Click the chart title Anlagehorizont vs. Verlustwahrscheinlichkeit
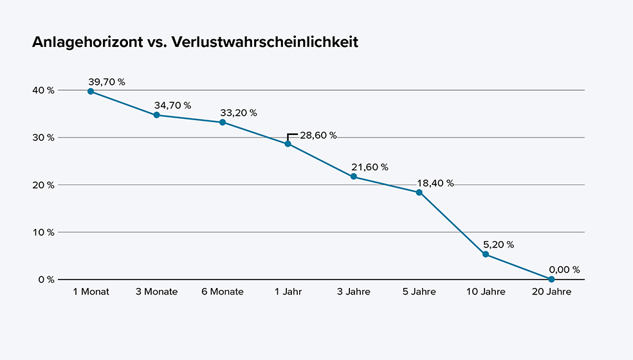(x=195, y=43)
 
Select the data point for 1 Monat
(x=91, y=91)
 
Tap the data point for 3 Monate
(x=156, y=115)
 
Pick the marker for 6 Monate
(x=223, y=122)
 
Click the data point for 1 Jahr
(x=288, y=143)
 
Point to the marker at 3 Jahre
(x=354, y=177)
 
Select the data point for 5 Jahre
(x=419, y=192)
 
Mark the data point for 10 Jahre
(x=486, y=255)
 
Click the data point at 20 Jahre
(x=551, y=279)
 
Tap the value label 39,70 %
(x=107, y=82)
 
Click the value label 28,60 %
(x=318, y=136)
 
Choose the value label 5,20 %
(x=498, y=245)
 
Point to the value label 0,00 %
(x=564, y=270)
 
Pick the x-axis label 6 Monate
(x=223, y=292)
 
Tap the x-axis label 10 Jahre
(x=485, y=292)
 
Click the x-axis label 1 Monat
(x=91, y=292)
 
